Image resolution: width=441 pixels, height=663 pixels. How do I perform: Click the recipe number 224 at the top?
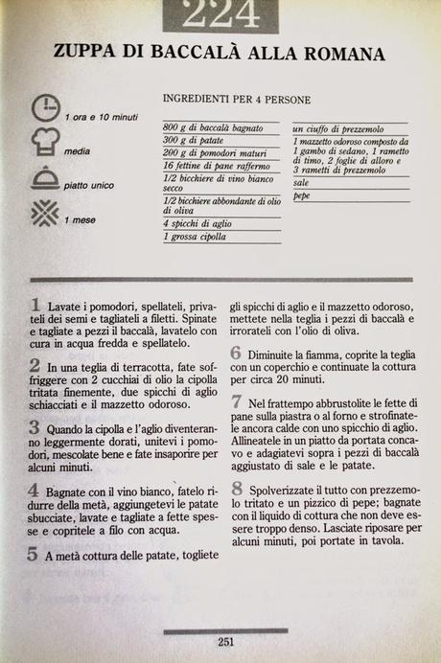point(220,13)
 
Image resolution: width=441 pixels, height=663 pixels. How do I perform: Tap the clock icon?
point(45,109)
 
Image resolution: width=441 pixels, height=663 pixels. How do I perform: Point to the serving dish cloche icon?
point(45,179)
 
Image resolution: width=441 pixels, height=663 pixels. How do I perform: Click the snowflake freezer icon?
point(45,213)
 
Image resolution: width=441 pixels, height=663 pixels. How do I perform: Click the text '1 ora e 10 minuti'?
point(102,117)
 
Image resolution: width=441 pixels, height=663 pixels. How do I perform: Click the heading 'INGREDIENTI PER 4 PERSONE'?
point(237,99)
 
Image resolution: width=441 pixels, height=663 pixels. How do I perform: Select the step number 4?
point(35,489)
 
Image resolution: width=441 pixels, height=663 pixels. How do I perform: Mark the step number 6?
point(235,353)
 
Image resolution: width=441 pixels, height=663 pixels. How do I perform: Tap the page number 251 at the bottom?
point(226,642)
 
